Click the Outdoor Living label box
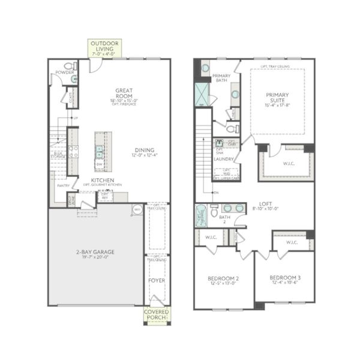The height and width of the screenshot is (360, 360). (105, 48)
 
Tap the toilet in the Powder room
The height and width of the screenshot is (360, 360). (68, 67)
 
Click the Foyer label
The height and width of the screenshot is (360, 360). (157, 280)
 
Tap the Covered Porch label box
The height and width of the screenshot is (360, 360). (157, 314)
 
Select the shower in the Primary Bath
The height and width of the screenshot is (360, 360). (203, 94)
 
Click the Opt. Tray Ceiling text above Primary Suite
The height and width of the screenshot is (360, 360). (277, 67)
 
